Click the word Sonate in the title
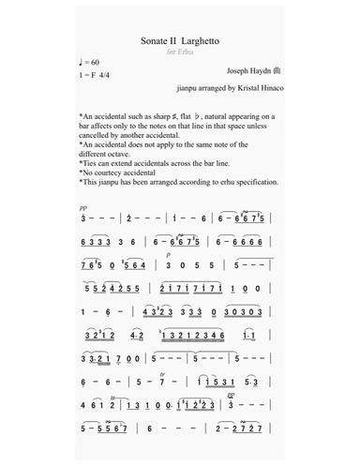154,41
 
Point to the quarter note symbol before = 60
83,62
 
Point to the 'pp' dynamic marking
84,208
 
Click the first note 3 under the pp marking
84,218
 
